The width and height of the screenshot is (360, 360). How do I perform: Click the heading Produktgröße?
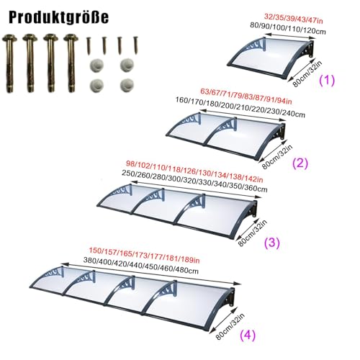[x=58, y=17]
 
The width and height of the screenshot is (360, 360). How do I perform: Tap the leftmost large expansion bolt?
[x=9, y=63]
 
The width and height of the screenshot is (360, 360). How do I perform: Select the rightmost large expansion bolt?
[x=71, y=63]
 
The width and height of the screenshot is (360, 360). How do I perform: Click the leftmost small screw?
[x=89, y=45]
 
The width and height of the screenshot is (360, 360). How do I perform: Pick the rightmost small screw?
[x=136, y=45]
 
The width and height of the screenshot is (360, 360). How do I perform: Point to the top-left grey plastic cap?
[x=96, y=66]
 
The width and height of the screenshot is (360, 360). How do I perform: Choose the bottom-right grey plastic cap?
[x=127, y=85]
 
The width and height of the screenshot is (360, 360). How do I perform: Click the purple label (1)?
[x=327, y=80]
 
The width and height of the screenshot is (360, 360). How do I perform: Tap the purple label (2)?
[x=300, y=163]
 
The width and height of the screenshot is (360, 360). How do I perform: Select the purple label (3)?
[x=272, y=243]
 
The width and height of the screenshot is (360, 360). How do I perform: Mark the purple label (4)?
[x=248, y=335]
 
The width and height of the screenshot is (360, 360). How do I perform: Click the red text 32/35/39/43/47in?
[x=293, y=19]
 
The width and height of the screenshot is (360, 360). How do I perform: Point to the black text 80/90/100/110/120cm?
[x=288, y=28]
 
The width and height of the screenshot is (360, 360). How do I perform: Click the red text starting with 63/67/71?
[x=246, y=96]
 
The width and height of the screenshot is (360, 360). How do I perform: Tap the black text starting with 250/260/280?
[x=194, y=181]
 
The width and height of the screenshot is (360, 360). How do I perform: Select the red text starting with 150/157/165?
[x=144, y=255]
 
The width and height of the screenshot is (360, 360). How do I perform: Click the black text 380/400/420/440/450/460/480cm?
[x=141, y=266]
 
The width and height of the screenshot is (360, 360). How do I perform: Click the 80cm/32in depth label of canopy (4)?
[x=230, y=326]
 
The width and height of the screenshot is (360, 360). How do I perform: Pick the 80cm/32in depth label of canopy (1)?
[x=307, y=73]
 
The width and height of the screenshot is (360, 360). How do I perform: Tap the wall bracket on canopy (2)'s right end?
[x=281, y=132]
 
